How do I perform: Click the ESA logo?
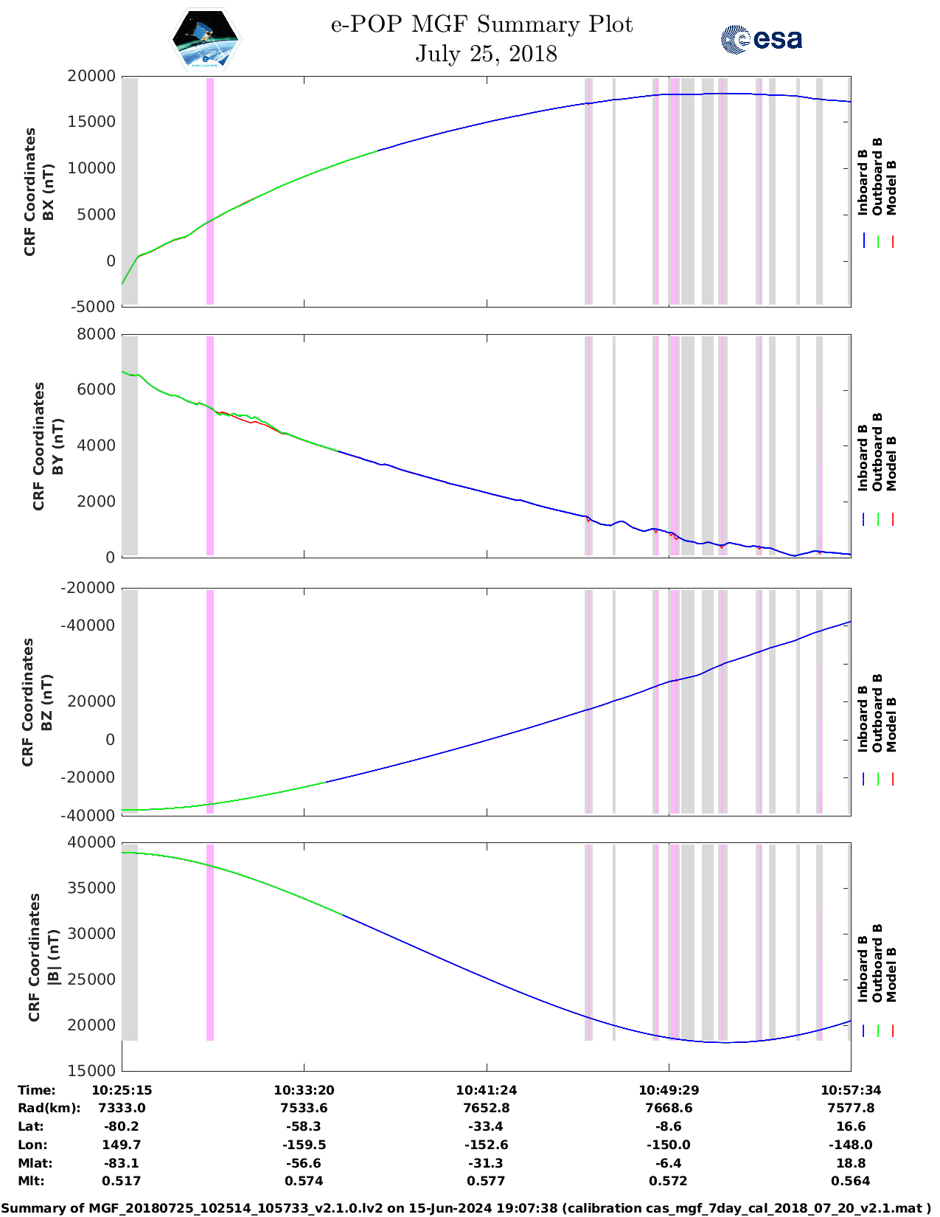pos(762,39)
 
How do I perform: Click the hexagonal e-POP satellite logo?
pos(206,40)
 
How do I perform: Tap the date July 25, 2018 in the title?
pos(486,54)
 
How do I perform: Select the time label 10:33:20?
pos(304,1090)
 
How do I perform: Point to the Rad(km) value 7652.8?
pos(486,1108)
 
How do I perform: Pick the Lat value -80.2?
pos(122,1126)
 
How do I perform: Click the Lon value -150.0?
pos(668,1145)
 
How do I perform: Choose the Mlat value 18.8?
pos(851,1163)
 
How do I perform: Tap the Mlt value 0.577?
pos(486,1181)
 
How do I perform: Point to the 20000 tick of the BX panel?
pos(91,77)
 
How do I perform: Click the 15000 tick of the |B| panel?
pos(91,1071)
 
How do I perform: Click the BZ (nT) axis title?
pos(46,702)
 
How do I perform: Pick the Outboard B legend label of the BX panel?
pos(877,177)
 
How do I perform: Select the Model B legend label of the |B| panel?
pos(891,974)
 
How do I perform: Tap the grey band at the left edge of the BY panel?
pos(130,445)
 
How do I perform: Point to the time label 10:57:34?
pos(851,1090)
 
